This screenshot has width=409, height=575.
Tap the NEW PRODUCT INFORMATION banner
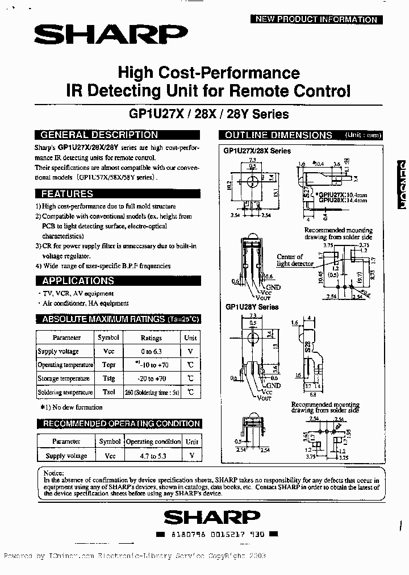[x=316, y=19]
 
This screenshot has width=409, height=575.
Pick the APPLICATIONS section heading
[x=77, y=281]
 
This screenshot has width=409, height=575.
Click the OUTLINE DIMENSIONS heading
[x=278, y=135]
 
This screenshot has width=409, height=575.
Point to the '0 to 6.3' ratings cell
[x=151, y=352]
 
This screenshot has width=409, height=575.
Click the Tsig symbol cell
[x=108, y=378]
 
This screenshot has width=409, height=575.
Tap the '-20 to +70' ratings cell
[x=151, y=378]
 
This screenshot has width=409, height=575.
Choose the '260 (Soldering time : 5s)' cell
[x=151, y=392]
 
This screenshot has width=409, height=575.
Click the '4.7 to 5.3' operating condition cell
[x=153, y=456]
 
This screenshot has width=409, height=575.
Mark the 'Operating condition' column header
[x=153, y=441]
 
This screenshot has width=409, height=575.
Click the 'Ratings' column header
[x=151, y=338]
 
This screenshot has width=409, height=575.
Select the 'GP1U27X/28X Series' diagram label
[x=257, y=151]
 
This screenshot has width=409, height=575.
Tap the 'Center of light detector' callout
[x=290, y=260]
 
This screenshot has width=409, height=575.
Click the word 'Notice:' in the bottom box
[x=54, y=473]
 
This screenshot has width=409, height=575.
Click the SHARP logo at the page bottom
[x=211, y=518]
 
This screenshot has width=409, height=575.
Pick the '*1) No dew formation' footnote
[x=71, y=407]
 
